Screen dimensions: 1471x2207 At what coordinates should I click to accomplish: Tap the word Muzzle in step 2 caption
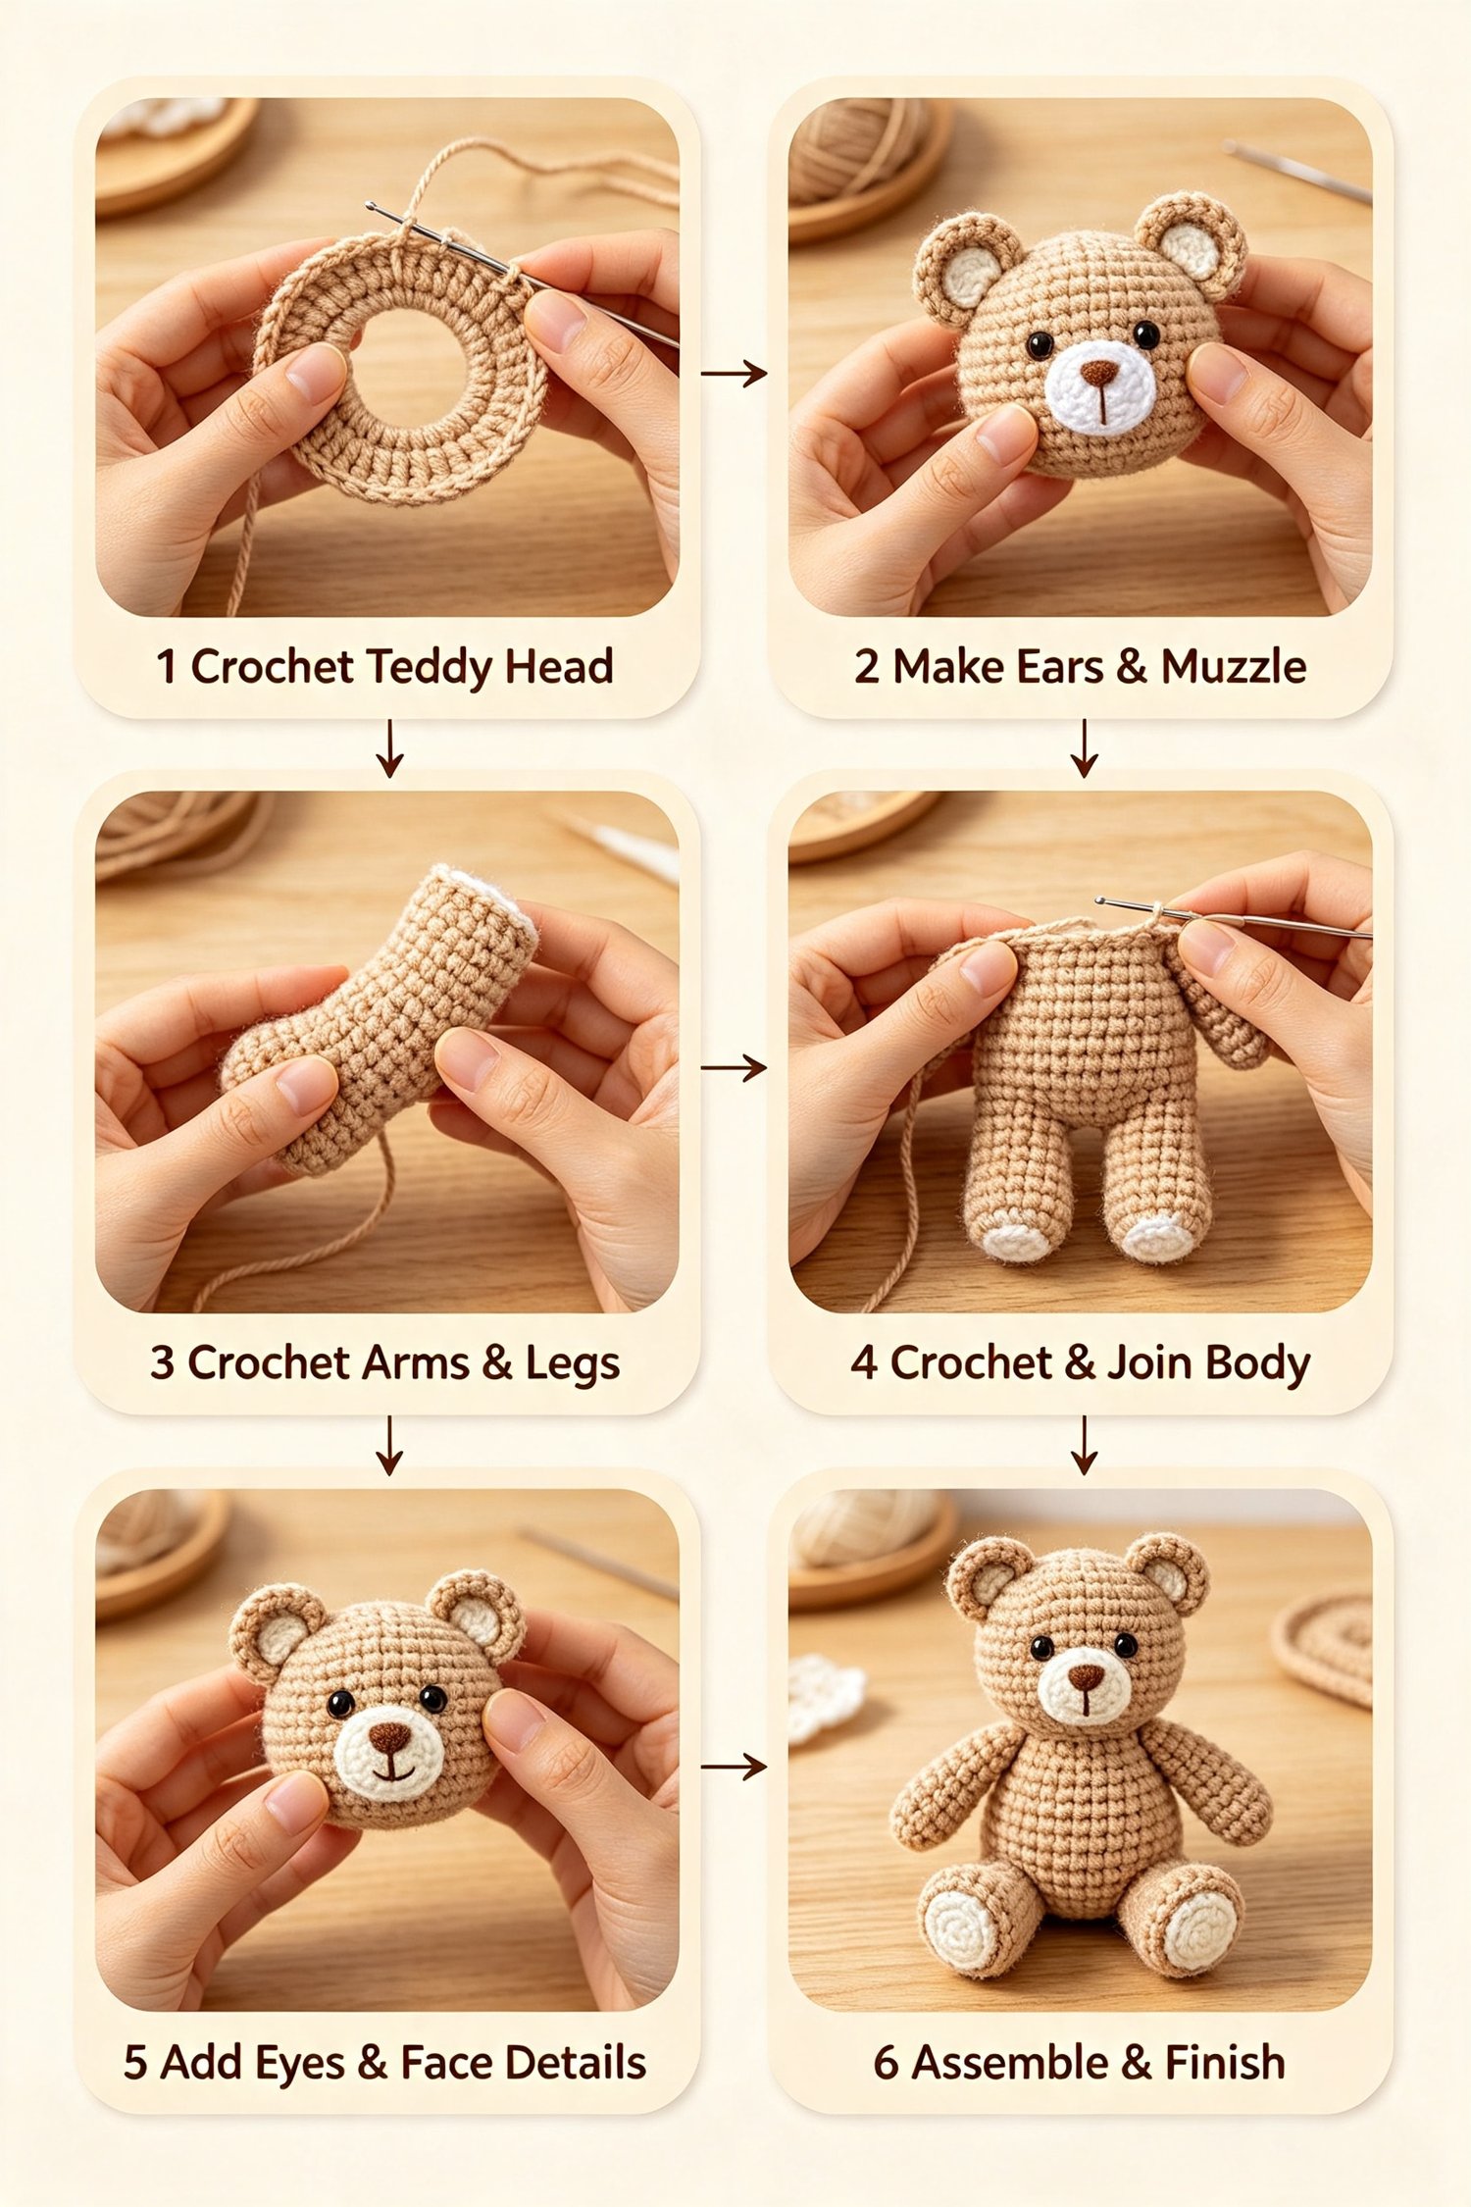(x=1234, y=667)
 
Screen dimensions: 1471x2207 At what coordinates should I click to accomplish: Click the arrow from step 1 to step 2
(x=735, y=373)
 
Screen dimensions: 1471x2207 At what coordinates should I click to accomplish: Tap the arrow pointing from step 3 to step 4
(x=735, y=1067)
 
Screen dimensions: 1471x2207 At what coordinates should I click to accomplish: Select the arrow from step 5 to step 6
(x=735, y=1767)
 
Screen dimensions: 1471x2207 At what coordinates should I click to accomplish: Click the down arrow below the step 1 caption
(x=390, y=748)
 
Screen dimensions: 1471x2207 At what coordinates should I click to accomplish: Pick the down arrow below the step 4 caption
(x=1084, y=1445)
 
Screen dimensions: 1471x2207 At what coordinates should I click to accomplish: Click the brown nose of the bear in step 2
(x=1098, y=374)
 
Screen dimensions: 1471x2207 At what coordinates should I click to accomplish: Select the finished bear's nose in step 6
(x=1086, y=1676)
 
